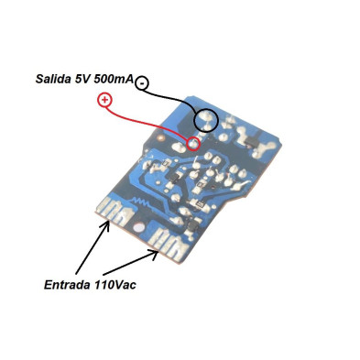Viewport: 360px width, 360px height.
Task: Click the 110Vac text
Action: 118,284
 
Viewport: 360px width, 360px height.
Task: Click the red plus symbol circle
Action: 104,100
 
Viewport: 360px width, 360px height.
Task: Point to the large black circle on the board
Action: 207,119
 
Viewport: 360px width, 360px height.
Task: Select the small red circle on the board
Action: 193,143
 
